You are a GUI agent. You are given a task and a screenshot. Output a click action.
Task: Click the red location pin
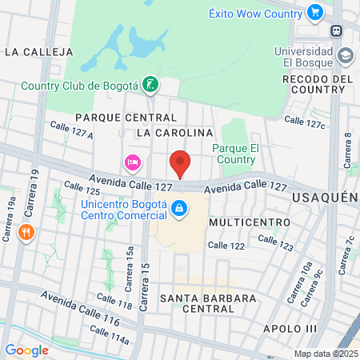181,163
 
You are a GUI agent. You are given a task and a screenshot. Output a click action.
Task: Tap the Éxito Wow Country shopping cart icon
314,13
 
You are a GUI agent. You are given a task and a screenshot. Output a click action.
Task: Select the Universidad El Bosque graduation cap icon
345,56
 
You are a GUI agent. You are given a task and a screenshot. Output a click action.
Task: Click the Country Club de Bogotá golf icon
150,85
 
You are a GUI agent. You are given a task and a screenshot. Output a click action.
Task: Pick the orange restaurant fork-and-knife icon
27,233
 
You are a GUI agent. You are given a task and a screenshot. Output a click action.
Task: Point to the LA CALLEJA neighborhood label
38,52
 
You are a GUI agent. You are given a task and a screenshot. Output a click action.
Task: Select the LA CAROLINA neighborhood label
174,132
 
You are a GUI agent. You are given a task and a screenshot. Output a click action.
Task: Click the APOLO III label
291,328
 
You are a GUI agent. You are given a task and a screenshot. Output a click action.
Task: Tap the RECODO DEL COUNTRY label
318,84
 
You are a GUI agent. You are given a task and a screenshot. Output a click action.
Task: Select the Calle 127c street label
306,122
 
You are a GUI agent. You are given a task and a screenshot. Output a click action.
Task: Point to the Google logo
26,350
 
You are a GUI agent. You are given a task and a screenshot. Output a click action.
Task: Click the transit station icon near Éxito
337,31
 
